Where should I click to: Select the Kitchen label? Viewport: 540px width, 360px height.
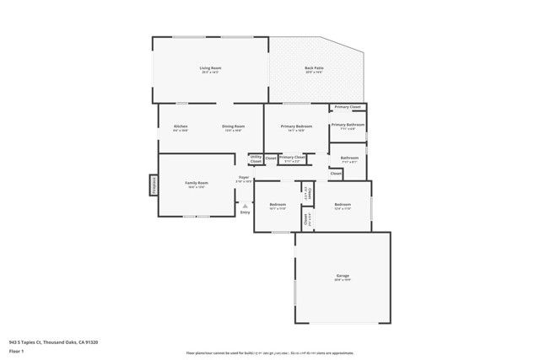tap(181, 126)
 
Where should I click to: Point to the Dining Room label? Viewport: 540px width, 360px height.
tap(233, 126)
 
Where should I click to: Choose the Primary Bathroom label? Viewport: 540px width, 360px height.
tap(348, 126)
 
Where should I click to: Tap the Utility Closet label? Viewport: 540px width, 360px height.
tap(256, 159)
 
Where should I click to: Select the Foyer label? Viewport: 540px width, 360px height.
tap(244, 178)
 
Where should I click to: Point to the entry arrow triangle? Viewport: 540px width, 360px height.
tap(245, 205)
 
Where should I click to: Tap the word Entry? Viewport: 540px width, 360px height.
tap(245, 212)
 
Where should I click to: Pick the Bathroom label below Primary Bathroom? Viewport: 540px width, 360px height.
tap(349, 158)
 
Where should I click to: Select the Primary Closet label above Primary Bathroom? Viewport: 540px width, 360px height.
tap(348, 107)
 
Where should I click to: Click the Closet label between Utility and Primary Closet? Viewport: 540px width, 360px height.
tap(271, 158)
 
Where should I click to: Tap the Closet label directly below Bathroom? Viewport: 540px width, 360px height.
tap(336, 174)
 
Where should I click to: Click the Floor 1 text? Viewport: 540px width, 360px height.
tap(15, 350)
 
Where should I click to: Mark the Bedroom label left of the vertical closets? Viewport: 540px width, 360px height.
tap(278, 205)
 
